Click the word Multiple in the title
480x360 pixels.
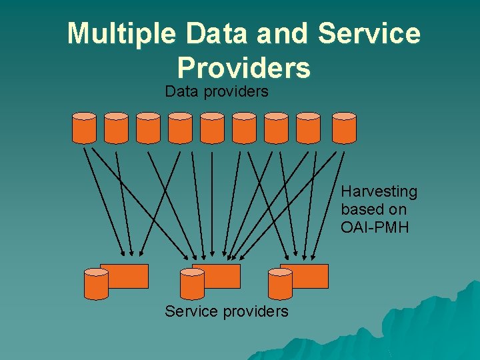tap(122, 34)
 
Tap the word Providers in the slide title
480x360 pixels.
tap(244, 67)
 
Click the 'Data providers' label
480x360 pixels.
tap(217, 91)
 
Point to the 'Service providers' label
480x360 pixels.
tap(227, 311)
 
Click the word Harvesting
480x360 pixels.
tap(379, 192)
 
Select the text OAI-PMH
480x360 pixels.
tap(375, 227)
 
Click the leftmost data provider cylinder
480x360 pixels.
tap(84, 128)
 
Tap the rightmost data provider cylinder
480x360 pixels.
tap(344, 128)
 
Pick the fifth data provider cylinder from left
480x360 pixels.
tap(213, 128)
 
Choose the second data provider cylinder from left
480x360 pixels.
tap(116, 128)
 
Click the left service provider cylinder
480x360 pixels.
tap(96, 283)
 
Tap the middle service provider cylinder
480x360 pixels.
tap(192, 283)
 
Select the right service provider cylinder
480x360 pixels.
tap(280, 283)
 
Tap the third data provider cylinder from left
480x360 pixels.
tap(148, 128)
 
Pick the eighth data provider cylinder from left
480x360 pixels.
tap(308, 128)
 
